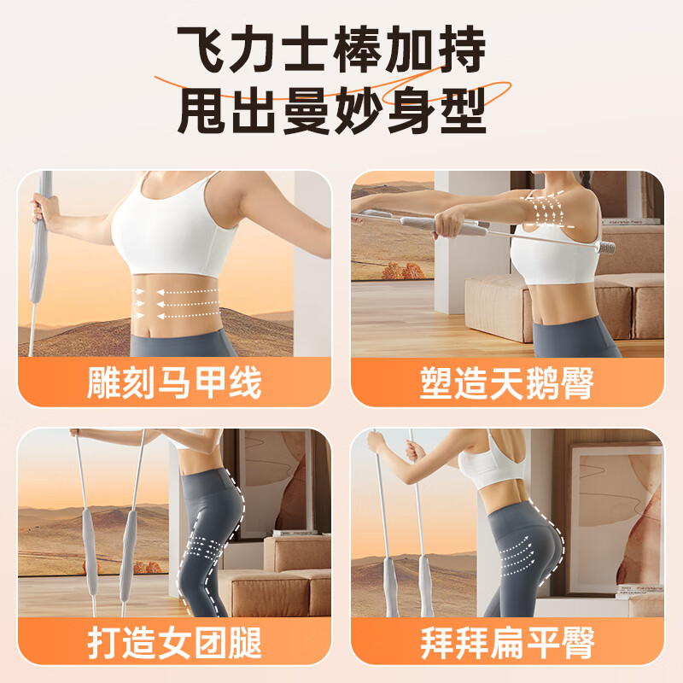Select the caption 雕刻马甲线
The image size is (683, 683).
[174, 383]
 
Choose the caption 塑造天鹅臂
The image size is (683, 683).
[507, 383]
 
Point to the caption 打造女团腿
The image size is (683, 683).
[174, 643]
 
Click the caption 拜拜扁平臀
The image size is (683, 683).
[507, 643]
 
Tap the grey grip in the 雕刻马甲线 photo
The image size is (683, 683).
[38, 256]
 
